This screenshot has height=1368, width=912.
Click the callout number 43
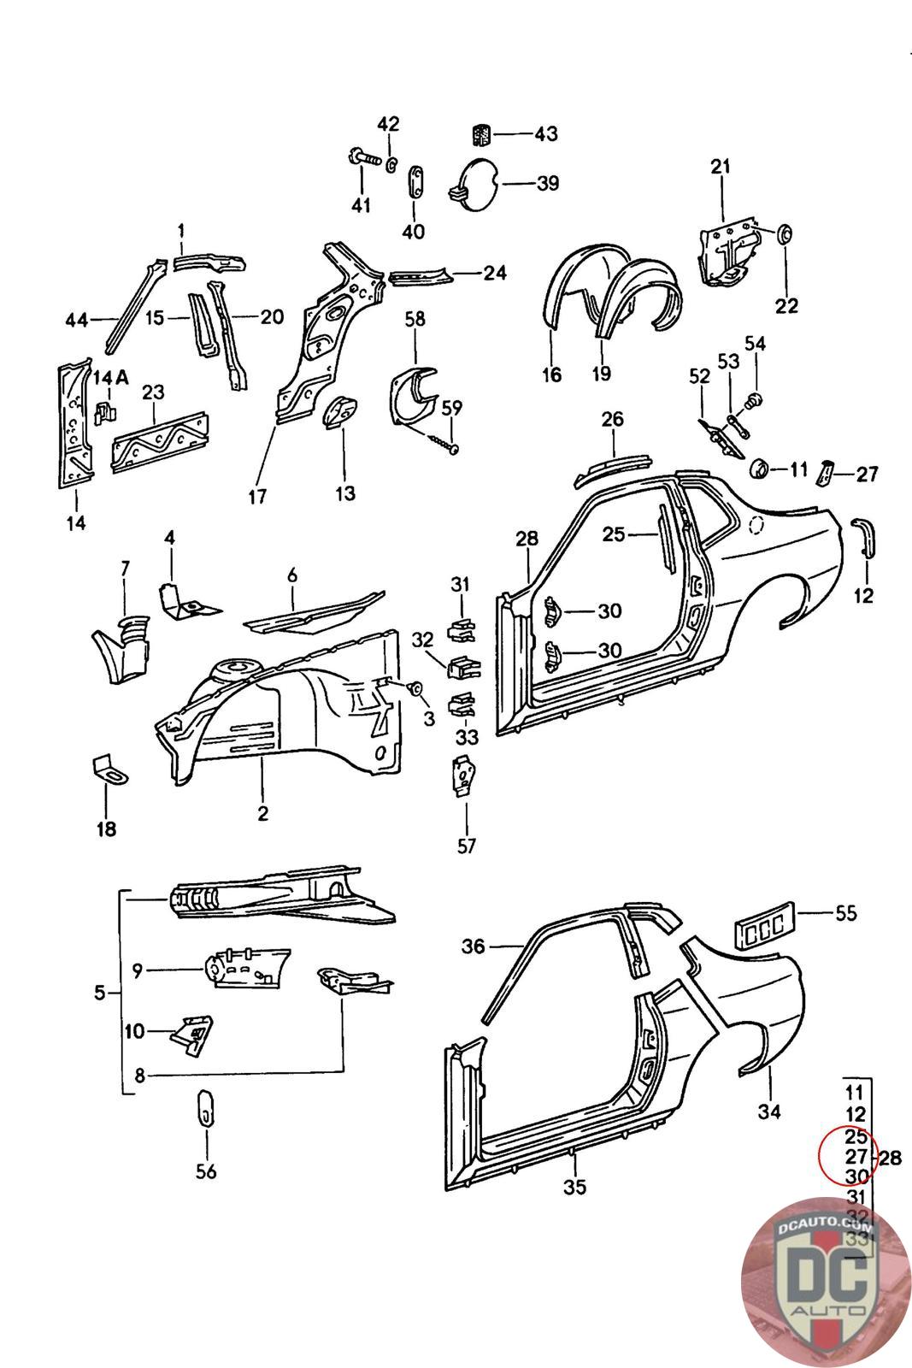point(545,133)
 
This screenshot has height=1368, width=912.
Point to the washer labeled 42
point(391,162)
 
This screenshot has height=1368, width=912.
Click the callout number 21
point(721,166)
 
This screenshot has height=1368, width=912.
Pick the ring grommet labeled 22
point(784,233)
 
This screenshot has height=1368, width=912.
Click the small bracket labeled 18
point(108,767)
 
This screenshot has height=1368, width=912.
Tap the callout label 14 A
point(111,378)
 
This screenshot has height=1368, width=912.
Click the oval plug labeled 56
point(206,1109)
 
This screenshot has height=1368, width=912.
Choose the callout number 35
point(575,1188)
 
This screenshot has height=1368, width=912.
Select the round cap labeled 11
point(758,469)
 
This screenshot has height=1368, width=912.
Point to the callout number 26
point(613,420)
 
